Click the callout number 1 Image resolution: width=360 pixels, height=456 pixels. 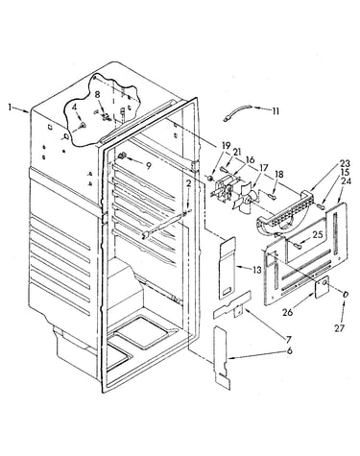tap(11, 108)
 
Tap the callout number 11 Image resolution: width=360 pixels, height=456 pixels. tap(276, 111)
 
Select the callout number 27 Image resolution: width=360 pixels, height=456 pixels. tap(340, 327)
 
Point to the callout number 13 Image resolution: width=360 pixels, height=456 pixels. tap(257, 270)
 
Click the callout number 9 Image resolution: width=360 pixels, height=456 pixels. tap(148, 165)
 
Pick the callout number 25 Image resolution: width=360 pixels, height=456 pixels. tap(318, 234)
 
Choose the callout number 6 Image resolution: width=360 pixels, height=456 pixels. tap(289, 350)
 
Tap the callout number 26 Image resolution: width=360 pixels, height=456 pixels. tap(288, 312)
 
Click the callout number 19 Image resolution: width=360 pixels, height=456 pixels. tap(226, 146)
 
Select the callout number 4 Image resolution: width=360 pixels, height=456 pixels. tap(75, 108)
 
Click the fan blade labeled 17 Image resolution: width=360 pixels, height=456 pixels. tap(246, 201)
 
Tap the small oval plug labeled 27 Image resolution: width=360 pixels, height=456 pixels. tap(346, 295)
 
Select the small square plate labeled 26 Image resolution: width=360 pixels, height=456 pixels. tap(322, 287)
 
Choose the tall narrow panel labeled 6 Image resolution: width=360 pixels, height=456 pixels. tap(221, 357)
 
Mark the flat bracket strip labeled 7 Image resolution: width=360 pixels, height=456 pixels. tap(233, 305)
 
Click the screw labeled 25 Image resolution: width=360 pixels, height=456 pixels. tap(297, 245)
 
